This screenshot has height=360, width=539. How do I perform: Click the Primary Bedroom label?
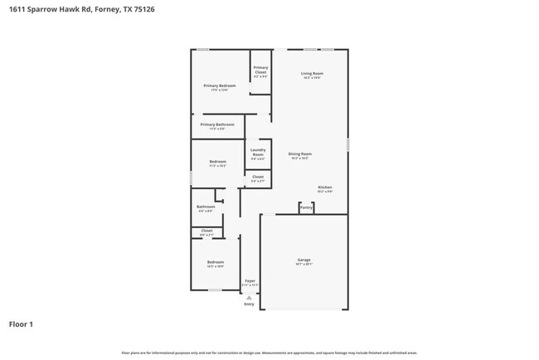[220, 86]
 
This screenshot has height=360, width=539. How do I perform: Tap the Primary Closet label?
[260, 70]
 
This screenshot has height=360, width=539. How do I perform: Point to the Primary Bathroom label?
[217, 125]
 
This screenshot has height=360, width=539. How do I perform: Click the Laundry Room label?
[258, 153]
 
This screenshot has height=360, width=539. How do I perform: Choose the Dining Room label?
[299, 155]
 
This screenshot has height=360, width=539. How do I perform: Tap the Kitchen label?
[325, 188]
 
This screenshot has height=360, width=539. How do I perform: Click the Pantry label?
[306, 207]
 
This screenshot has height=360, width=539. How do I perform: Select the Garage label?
[304, 261]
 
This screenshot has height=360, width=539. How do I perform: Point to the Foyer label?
[250, 282]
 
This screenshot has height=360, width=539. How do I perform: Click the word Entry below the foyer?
[249, 304]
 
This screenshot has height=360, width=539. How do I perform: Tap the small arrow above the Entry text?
[249, 297]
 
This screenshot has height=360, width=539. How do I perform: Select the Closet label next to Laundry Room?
[258, 178]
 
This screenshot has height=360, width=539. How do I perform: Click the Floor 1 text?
[22, 324]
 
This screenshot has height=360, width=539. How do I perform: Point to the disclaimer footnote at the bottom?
[269, 353]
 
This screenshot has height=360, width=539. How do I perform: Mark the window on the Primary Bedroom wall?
[202, 50]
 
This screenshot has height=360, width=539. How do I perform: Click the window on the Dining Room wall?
[348, 144]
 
